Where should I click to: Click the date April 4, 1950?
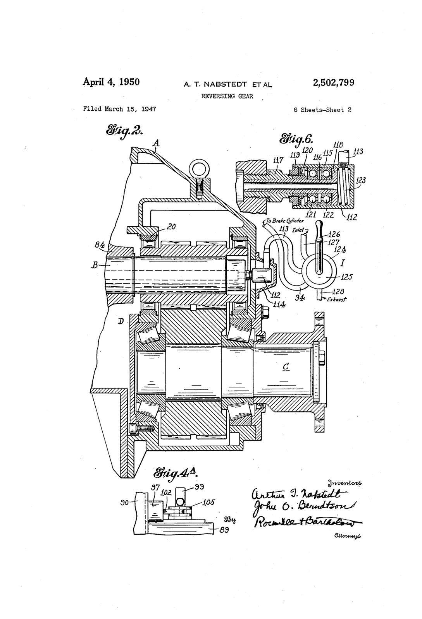(112, 82)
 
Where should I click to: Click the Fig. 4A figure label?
(175, 472)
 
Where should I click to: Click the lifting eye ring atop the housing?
(199, 169)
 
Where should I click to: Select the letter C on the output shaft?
(286, 367)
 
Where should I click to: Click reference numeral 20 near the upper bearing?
(171, 227)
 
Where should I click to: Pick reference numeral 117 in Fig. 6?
(277, 160)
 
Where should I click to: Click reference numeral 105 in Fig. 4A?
(208, 503)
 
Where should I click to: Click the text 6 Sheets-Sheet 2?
(322, 109)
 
